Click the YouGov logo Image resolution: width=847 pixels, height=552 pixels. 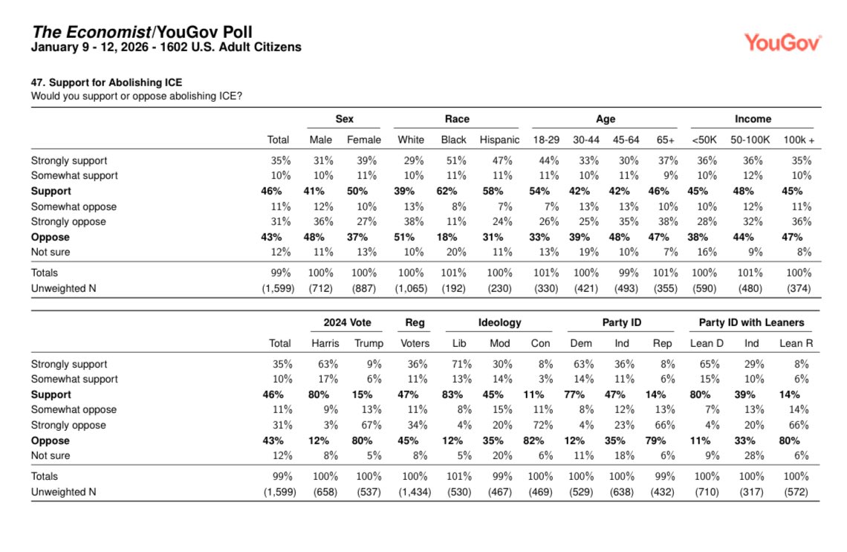782,42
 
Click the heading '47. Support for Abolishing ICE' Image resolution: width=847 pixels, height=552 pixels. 106,82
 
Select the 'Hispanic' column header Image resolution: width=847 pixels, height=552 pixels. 499,140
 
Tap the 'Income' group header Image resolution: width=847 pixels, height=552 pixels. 753,119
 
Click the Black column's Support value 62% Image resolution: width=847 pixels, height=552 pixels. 453,191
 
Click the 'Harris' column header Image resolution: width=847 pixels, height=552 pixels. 325,343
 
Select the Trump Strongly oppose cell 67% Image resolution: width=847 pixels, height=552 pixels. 370,425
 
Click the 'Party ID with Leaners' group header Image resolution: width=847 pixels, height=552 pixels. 751,322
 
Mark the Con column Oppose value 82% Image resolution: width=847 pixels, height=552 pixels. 540,441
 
